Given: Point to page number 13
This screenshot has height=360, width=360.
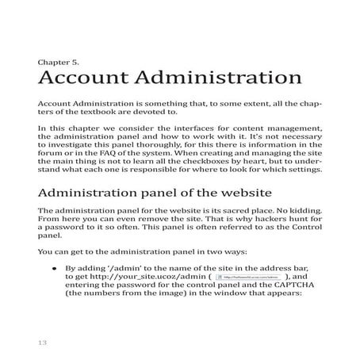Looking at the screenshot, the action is click(x=42, y=343).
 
